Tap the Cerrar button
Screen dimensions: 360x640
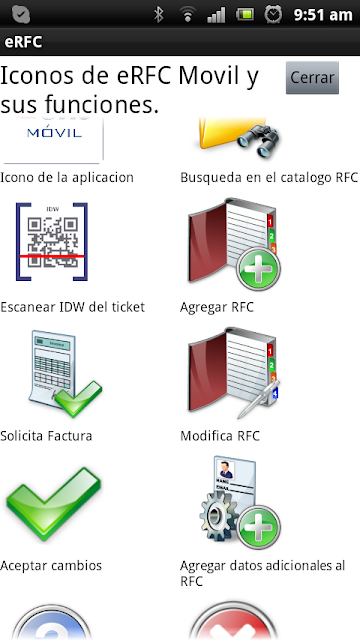pyautogui.click(x=312, y=78)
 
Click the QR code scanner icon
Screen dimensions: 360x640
pyautogui.click(x=52, y=242)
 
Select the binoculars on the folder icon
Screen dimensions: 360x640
pyautogui.click(x=258, y=141)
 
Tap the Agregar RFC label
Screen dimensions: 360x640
pyautogui.click(x=217, y=307)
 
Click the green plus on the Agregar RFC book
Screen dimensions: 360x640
pyautogui.click(x=258, y=268)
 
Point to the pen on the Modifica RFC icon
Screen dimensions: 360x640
pyautogui.click(x=258, y=399)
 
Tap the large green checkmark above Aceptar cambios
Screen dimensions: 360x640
pyautogui.click(x=53, y=504)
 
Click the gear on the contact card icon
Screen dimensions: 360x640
pyautogui.click(x=219, y=513)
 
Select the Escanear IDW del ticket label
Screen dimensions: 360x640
pyautogui.click(x=73, y=307)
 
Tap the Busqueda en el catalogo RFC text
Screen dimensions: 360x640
pyautogui.click(x=269, y=178)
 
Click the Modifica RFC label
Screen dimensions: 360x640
pyautogui.click(x=220, y=436)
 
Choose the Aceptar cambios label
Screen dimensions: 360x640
pyautogui.click(x=51, y=566)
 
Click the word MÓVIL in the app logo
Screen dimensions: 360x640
pyautogui.click(x=54, y=133)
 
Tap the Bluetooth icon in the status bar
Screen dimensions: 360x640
pyautogui.click(x=158, y=15)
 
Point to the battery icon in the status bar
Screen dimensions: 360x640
pyautogui.click(x=245, y=15)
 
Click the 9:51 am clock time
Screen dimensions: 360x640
pyautogui.click(x=323, y=15)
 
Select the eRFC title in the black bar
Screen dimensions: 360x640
pyautogui.click(x=23, y=42)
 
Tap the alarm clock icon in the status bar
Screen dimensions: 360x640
pyautogui.click(x=273, y=15)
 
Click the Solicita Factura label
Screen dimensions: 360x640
pyautogui.click(x=46, y=436)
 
